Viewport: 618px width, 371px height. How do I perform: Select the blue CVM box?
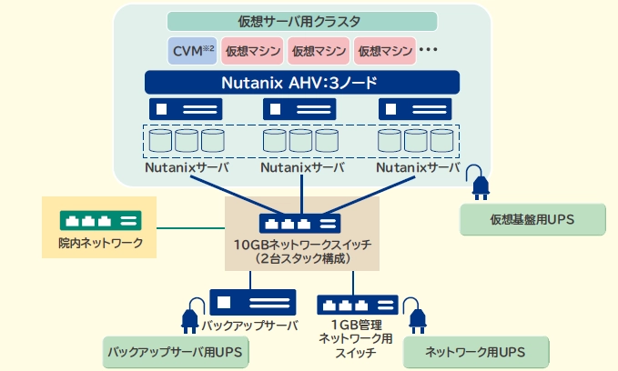(192, 49)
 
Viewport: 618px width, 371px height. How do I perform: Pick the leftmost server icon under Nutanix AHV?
(187, 109)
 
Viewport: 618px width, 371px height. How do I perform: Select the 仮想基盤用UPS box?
(532, 219)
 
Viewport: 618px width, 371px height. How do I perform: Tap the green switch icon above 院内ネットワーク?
(100, 221)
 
